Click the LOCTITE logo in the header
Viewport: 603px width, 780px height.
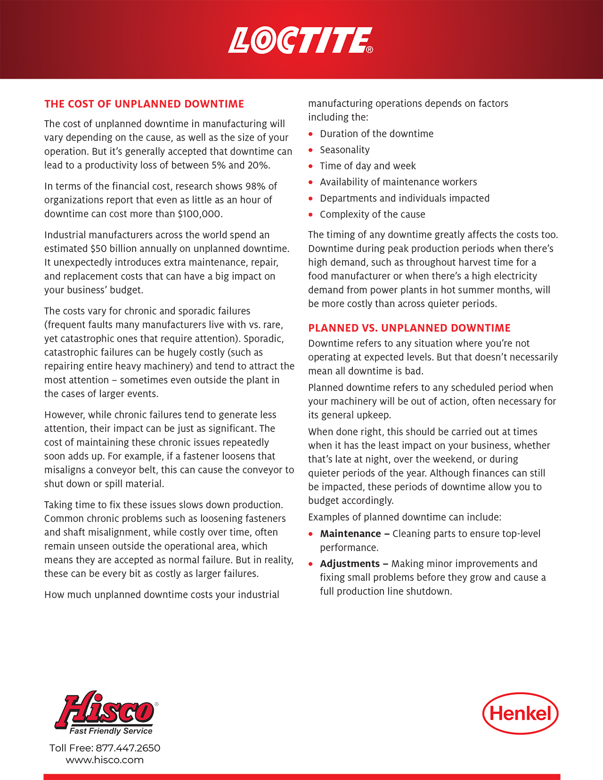300,41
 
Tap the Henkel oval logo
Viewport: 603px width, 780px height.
520,713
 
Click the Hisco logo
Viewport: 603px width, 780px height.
106,710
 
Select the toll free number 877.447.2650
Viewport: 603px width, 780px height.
128,748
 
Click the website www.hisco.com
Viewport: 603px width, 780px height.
105,760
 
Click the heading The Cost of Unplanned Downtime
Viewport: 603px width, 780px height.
144,104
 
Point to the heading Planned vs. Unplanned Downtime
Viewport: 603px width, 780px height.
409,328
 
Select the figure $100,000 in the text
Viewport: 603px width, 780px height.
199,214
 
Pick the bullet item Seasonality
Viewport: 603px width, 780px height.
344,150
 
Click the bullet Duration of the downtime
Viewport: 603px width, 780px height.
376,134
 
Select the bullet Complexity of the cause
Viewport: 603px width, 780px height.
372,214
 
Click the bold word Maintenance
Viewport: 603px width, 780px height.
350,534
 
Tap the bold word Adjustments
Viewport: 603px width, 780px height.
350,564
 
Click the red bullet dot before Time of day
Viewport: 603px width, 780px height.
310,166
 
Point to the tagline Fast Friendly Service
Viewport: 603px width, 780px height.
111,731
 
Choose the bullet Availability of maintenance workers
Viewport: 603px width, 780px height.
398,182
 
